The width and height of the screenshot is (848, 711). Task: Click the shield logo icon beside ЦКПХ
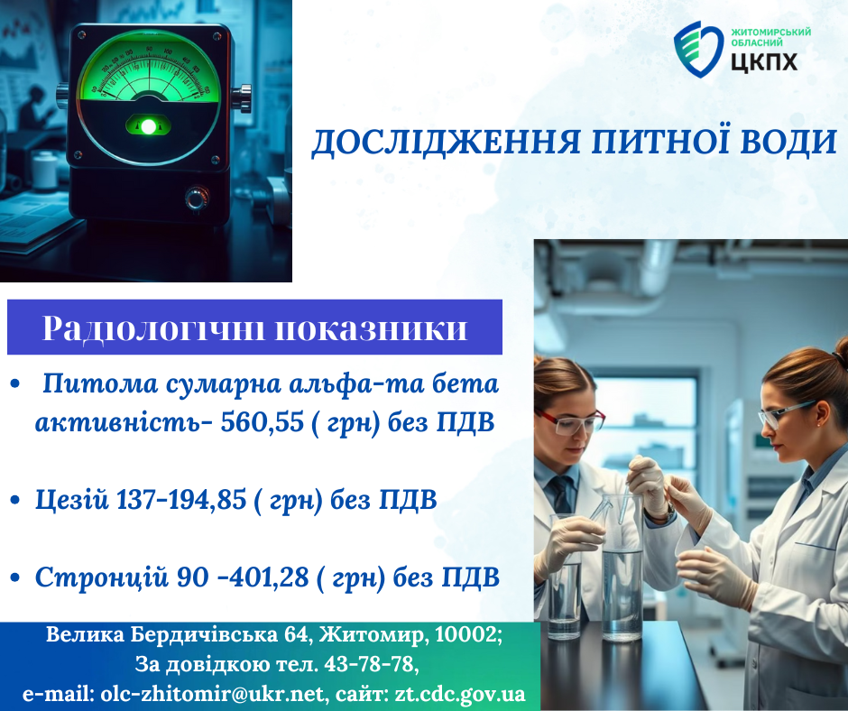click(x=698, y=50)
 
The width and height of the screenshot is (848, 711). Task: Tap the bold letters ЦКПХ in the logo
click(x=764, y=61)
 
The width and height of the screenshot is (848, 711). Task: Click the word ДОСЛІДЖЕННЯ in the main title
click(x=447, y=143)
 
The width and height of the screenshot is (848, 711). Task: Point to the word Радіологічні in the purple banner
click(x=153, y=328)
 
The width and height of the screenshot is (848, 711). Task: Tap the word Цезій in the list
click(x=72, y=500)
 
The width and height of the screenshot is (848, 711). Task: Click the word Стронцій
click(x=102, y=577)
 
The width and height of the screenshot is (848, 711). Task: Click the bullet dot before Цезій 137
click(x=14, y=501)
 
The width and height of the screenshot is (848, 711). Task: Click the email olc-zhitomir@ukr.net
click(x=213, y=694)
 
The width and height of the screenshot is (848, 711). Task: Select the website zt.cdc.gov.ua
click(x=460, y=694)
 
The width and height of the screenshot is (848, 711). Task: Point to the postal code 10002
click(x=468, y=634)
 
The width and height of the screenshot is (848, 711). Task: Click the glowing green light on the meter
click(x=148, y=126)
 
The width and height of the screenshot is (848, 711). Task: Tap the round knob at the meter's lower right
click(x=197, y=198)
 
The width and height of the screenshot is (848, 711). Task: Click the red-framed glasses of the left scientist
click(x=569, y=421)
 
